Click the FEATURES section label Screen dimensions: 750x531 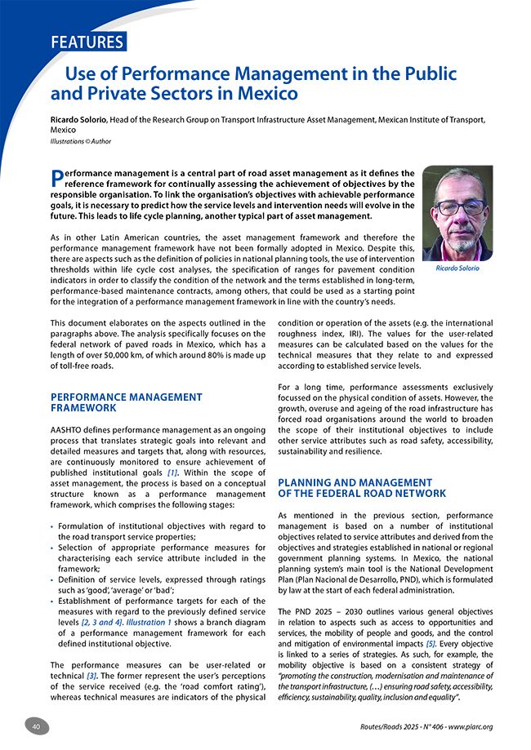pyautogui.click(x=87, y=42)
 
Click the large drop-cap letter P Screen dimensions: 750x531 pyautogui.click(x=56, y=178)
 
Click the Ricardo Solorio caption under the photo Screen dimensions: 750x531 pyautogui.click(x=457, y=268)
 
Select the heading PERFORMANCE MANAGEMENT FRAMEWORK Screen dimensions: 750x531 pyautogui.click(x=127, y=402)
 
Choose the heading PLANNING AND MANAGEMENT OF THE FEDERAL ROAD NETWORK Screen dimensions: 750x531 pyautogui.click(x=362, y=488)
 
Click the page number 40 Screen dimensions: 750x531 pyautogui.click(x=37, y=726)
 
